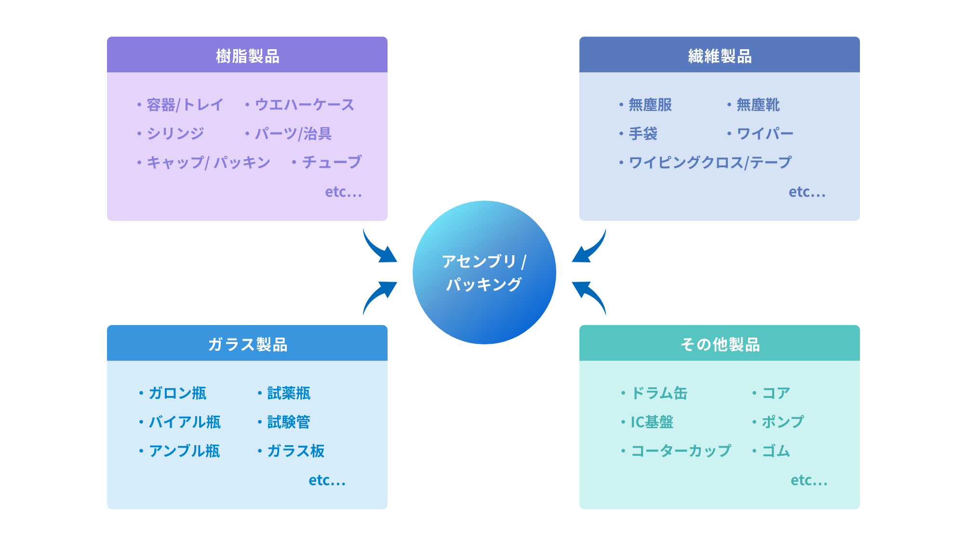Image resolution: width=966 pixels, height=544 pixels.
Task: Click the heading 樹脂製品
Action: [x=247, y=56]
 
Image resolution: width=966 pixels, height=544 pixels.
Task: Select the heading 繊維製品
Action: [x=719, y=56]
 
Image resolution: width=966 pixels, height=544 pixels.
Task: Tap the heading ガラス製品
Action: [x=247, y=344]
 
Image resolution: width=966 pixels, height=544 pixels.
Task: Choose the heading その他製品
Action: [x=719, y=344]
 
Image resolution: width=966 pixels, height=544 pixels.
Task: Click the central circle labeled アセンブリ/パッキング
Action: [x=484, y=272]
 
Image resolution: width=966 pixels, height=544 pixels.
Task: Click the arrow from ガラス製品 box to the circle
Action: [x=378, y=296]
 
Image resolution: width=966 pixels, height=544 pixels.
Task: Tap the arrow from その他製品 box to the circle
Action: [x=590, y=296]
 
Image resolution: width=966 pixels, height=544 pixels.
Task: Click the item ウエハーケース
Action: [x=304, y=105]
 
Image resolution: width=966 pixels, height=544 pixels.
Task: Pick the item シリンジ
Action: [x=175, y=134]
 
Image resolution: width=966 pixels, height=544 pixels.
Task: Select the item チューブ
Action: [x=332, y=162]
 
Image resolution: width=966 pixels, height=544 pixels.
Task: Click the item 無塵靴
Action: [x=758, y=105]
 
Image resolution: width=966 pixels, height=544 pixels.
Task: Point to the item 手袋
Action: [x=643, y=134]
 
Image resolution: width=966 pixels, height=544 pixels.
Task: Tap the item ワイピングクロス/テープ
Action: [x=710, y=163]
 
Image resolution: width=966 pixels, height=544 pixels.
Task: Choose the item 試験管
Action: [x=288, y=422]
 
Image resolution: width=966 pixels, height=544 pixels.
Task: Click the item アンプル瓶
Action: [x=184, y=451]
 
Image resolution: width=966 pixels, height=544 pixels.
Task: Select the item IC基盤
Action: [x=652, y=422]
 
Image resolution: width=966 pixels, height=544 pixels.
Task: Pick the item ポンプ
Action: [x=782, y=422]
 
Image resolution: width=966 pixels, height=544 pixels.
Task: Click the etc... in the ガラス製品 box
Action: [x=327, y=480]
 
